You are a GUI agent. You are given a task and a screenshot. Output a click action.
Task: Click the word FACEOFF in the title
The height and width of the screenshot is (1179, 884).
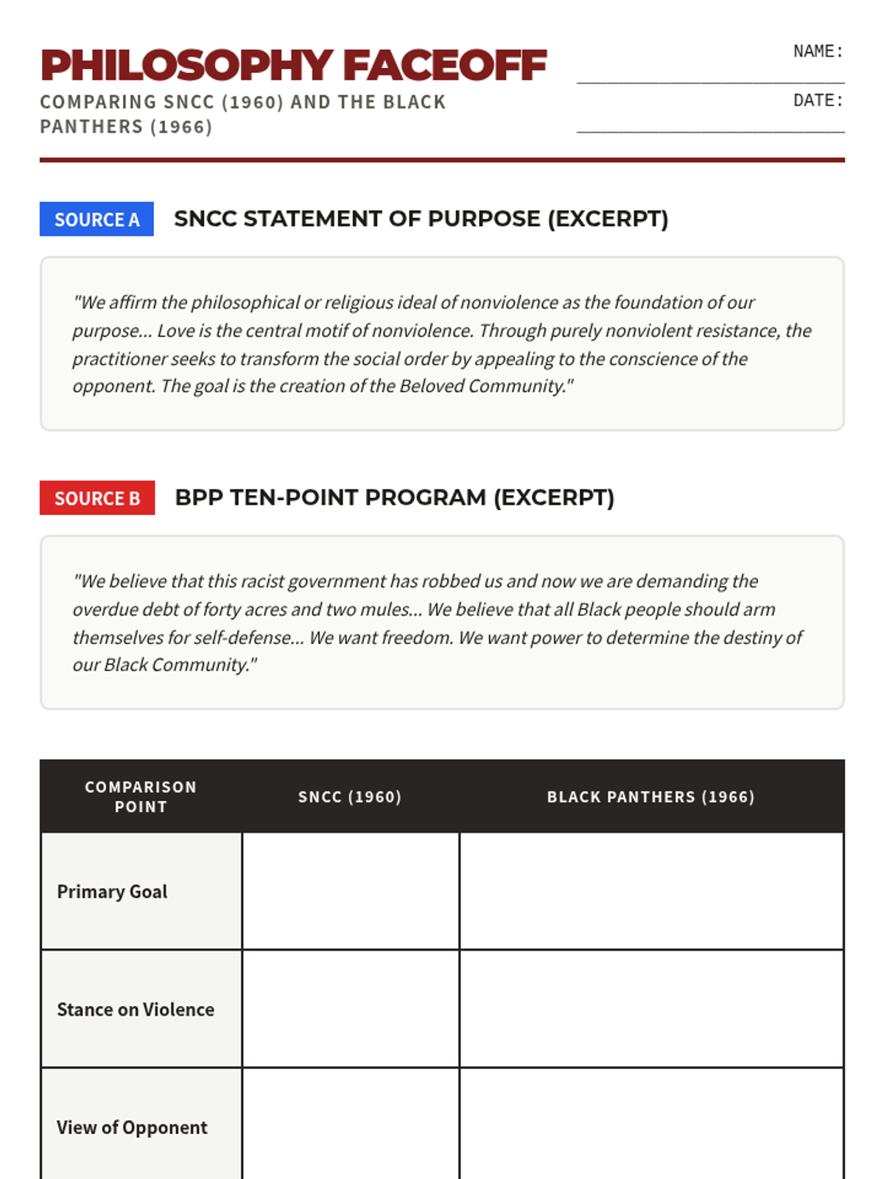click(x=445, y=66)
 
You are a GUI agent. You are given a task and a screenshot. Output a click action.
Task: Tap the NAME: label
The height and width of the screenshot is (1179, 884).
click(x=818, y=52)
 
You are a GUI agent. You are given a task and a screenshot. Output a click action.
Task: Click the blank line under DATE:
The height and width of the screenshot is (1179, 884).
click(x=710, y=131)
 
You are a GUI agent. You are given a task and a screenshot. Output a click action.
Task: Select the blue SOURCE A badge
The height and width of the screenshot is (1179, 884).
click(x=97, y=220)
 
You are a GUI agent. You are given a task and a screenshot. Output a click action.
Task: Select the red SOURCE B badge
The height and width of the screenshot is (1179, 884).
click(x=97, y=498)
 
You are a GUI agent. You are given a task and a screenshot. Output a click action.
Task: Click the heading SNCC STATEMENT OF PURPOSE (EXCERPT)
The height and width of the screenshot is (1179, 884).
click(x=421, y=219)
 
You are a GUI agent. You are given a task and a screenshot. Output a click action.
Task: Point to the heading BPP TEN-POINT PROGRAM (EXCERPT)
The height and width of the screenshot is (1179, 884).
click(x=394, y=497)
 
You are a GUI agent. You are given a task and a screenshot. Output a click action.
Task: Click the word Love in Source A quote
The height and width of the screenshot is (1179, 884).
click(x=175, y=331)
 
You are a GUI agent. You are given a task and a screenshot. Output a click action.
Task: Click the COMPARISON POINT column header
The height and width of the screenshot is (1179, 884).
click(x=141, y=797)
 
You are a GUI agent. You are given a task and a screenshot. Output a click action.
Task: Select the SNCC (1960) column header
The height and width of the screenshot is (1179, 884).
click(x=350, y=797)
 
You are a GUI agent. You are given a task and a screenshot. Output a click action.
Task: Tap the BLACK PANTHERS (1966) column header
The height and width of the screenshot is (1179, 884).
click(x=650, y=797)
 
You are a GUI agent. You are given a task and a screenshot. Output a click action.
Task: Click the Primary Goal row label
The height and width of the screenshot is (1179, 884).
click(x=112, y=892)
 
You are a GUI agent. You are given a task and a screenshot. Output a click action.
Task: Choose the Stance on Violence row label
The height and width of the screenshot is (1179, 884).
click(x=136, y=1010)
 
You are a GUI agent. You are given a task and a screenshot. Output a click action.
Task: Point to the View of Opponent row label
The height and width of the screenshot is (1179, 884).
click(x=132, y=1127)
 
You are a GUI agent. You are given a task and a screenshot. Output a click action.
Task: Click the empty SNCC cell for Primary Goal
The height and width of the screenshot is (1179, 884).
click(x=351, y=892)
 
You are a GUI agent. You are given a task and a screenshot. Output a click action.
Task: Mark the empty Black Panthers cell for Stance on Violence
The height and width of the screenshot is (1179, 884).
click(x=651, y=1010)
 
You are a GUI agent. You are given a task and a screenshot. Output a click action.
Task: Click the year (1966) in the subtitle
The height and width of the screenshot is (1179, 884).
click(x=181, y=127)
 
